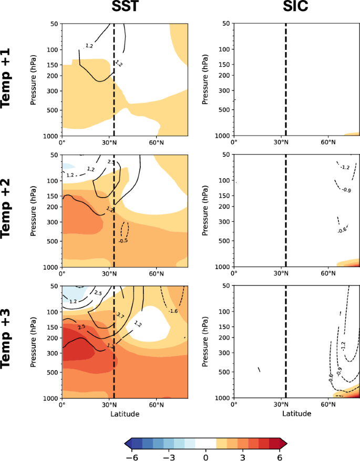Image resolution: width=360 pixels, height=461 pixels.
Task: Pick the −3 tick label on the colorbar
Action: point(170,456)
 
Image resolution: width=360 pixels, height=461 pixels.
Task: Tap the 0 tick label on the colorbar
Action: point(206,456)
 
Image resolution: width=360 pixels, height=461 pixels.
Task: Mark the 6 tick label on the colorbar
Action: point(279,456)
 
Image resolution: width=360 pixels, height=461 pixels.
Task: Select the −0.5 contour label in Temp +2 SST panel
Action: point(123,241)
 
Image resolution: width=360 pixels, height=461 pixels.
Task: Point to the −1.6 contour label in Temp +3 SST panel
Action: point(173,311)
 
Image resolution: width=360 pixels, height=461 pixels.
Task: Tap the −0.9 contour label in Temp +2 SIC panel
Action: point(347,190)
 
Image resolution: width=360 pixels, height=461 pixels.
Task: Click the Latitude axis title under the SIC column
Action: point(296,414)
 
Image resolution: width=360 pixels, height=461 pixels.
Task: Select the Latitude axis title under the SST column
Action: point(125,414)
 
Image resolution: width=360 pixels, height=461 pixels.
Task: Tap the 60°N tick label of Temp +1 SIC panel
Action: point(328,142)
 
